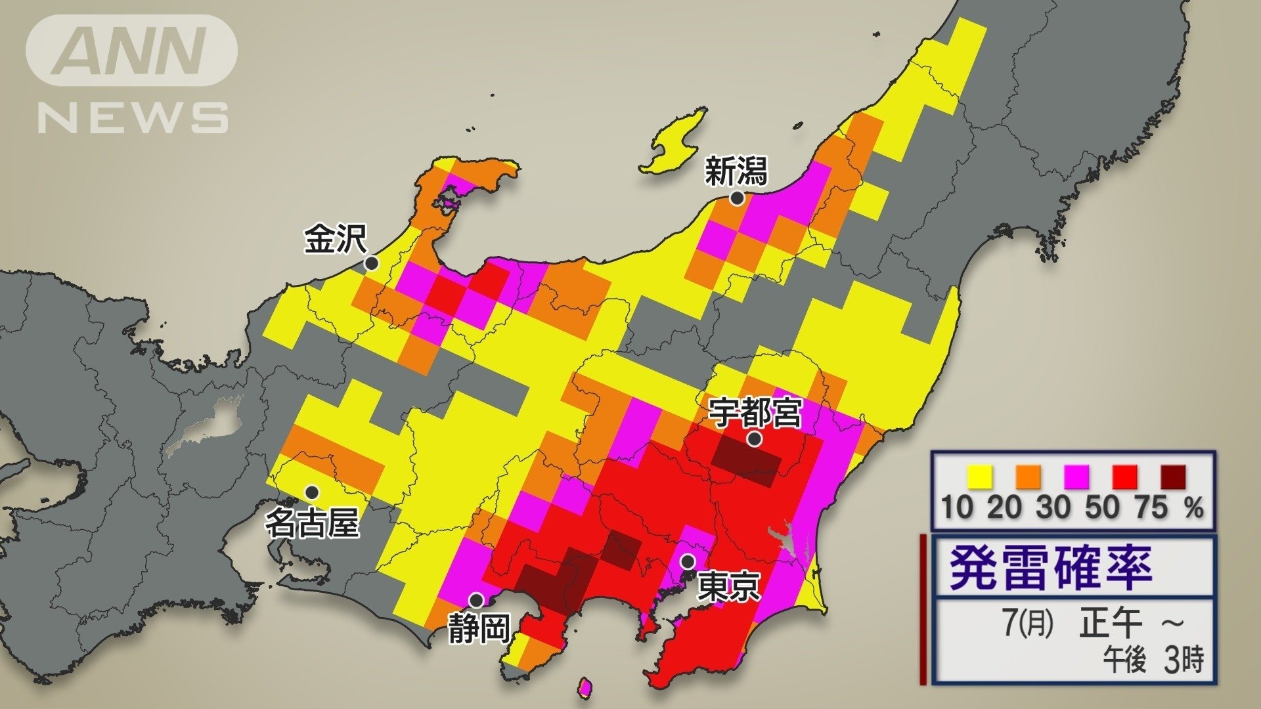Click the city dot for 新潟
737,198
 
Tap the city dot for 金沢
371,263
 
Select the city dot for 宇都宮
755,439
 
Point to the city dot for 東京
687,561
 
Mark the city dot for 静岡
476,600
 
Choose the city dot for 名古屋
312,492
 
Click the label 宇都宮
755,414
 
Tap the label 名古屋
312,523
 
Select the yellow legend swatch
979,477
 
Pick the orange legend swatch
1028,477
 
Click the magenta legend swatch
1076,477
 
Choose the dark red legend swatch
1174,477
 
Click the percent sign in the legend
1195,507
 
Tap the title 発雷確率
1051,568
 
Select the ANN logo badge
131,51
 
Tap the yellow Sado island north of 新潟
673,143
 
